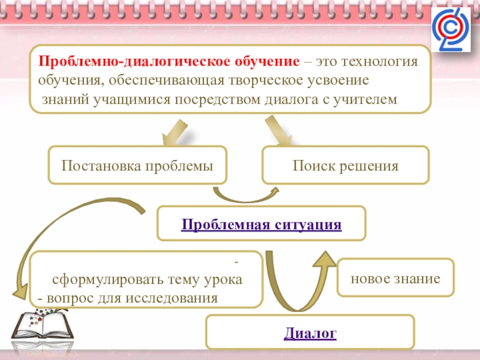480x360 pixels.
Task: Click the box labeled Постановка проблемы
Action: point(137,165)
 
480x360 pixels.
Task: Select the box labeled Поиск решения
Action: point(346,165)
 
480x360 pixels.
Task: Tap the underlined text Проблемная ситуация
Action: point(261,225)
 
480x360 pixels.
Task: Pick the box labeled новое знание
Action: point(395,278)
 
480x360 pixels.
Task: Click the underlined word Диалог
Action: point(310,332)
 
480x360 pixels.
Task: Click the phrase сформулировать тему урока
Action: point(148,280)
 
